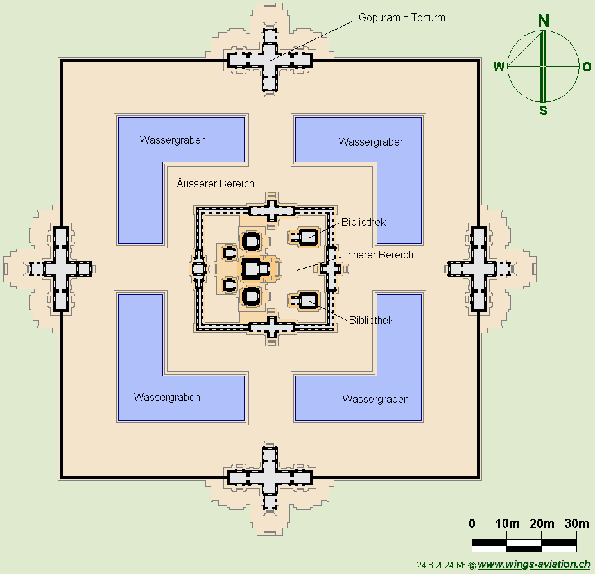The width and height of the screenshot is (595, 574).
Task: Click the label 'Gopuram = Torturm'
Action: (402, 18)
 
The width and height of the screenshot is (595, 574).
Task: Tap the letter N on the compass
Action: (544, 21)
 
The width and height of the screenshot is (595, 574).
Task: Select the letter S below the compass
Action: (544, 110)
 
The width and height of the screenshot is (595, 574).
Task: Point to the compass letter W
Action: (499, 66)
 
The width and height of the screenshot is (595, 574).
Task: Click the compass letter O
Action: (587, 67)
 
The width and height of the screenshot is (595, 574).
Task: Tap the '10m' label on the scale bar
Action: (507, 523)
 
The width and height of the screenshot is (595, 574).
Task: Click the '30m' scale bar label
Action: (577, 523)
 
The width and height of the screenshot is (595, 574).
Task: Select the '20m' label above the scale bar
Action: (542, 523)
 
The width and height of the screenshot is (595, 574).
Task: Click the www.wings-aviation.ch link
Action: (533, 564)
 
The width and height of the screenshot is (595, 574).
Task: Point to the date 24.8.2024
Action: (435, 565)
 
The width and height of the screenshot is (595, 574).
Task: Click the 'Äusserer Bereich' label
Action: (216, 184)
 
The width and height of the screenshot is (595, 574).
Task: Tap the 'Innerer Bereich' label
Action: (379, 255)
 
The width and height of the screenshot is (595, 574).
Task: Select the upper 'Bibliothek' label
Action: (363, 222)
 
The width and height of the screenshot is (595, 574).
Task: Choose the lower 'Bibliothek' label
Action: (371, 321)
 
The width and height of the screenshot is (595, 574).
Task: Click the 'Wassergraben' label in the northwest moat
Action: (173, 140)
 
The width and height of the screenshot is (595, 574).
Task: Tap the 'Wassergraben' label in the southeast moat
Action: (375, 399)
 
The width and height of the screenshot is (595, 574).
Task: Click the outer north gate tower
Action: (270, 60)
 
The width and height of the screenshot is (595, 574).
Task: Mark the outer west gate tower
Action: (61, 269)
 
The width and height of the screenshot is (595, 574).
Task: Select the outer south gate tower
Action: (270, 478)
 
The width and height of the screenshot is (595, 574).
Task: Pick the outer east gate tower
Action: (479, 269)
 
